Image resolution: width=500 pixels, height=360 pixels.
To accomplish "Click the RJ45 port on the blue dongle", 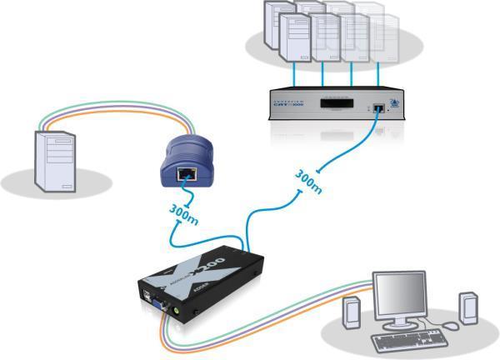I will (186, 174).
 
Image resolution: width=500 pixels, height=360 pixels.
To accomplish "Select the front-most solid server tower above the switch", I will (296, 42).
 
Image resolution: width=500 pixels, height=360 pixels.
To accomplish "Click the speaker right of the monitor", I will (468, 307).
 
